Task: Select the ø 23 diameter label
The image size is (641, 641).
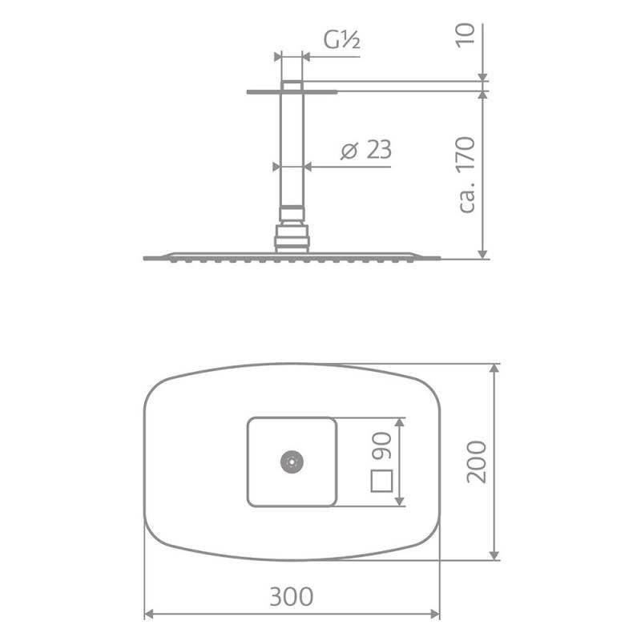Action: pos(365,151)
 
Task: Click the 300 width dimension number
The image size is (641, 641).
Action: pos(291,597)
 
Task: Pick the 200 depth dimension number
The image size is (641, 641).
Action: pos(476,461)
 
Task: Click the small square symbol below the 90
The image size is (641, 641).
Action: pos(381,481)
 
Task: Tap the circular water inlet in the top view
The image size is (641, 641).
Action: pos(290,462)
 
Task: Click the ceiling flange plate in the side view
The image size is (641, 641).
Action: pos(292,91)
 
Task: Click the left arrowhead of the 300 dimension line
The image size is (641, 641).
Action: pos(148,616)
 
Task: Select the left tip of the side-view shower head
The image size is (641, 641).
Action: pos(146,257)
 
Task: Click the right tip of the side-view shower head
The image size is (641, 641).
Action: pos(438,257)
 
